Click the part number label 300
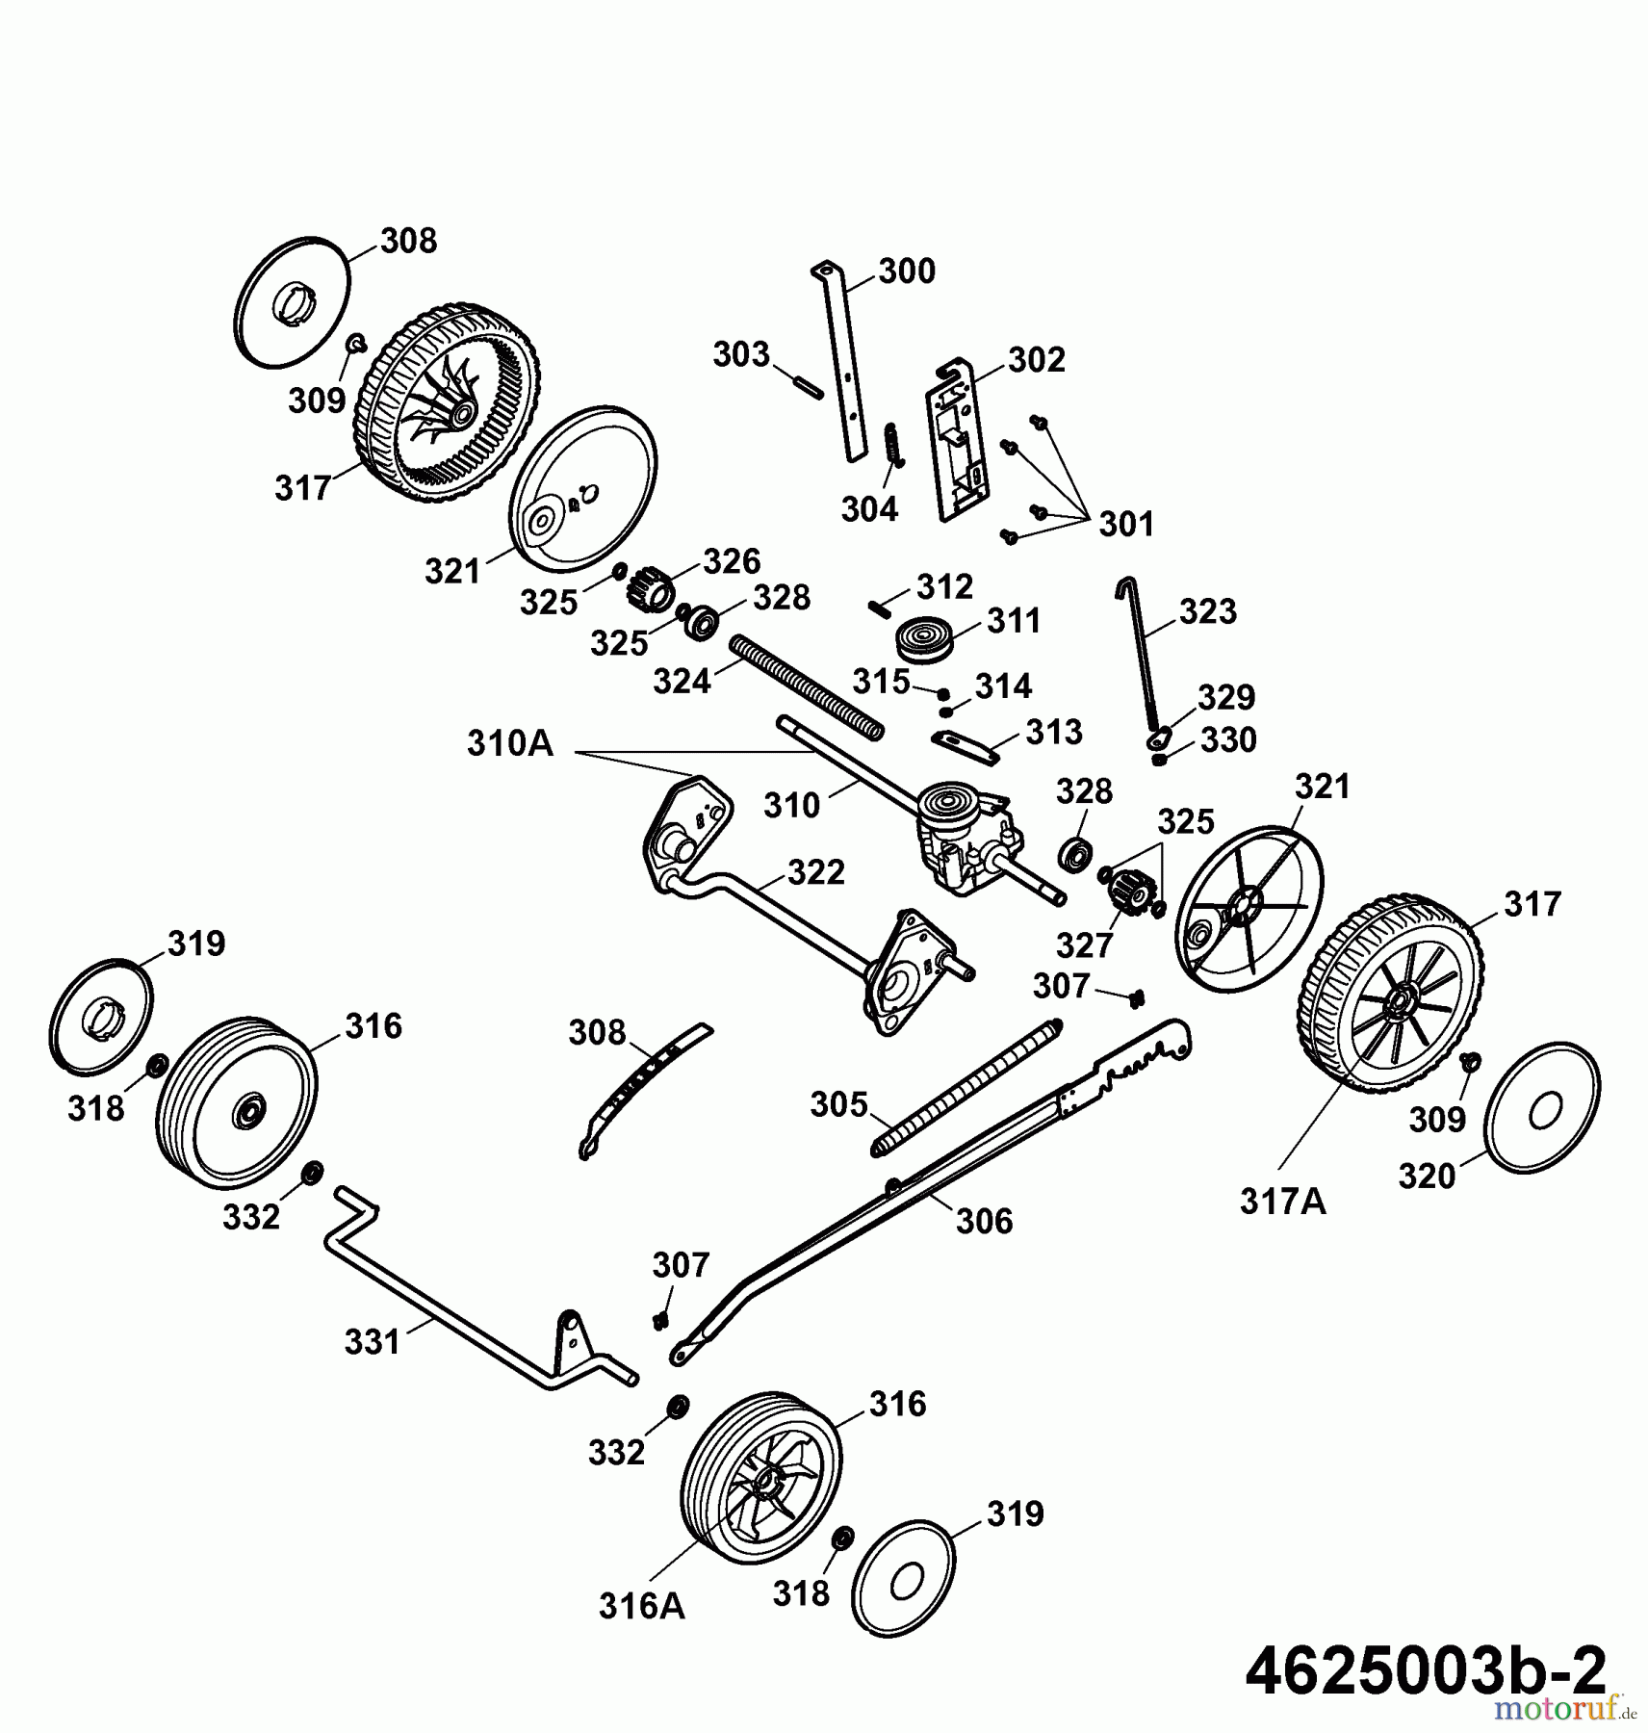907,272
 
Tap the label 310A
510,743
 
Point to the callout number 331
372,1341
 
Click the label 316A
641,1606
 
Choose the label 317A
1282,1202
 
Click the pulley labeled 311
924,639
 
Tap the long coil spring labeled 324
808,687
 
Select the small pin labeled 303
806,383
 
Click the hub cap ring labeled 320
1542,1107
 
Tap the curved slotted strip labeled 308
645,1089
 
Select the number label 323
1207,611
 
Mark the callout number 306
984,1221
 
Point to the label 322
815,872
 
